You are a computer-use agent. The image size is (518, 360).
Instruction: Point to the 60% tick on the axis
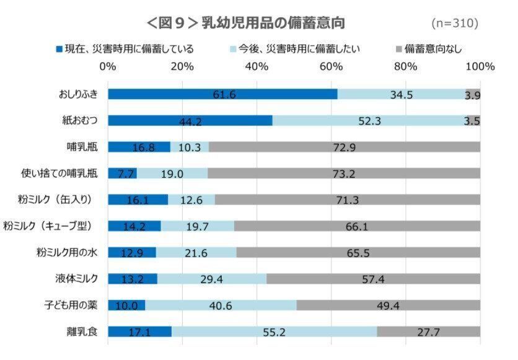coord(331,66)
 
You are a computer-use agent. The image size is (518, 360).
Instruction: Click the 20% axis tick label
coord(182,66)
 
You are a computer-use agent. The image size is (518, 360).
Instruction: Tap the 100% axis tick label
coord(480,66)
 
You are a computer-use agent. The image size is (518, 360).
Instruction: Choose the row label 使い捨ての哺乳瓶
coord(57,173)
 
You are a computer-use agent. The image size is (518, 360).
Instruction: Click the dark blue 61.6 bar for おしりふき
coord(222,94)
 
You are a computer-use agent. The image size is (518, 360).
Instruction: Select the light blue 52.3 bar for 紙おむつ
coord(369,120)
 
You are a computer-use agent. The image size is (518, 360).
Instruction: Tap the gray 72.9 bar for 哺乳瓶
coord(345,147)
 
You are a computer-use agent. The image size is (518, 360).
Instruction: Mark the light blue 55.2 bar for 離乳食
coord(274,331)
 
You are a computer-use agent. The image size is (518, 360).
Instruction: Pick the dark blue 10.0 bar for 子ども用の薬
coord(126,305)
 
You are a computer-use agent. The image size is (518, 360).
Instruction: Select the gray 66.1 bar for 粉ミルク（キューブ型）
coord(357,226)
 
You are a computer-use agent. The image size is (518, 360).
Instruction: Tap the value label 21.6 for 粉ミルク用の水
coord(196,253)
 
